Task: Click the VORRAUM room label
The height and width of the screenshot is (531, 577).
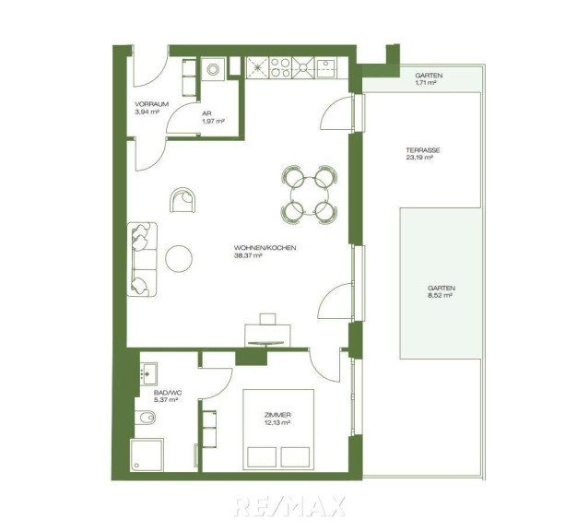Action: pyautogui.click(x=151, y=104)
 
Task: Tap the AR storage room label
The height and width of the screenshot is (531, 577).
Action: pyautogui.click(x=206, y=113)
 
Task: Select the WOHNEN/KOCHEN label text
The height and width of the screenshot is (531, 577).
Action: pyautogui.click(x=265, y=248)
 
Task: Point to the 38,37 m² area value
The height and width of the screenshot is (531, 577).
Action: pyautogui.click(x=248, y=255)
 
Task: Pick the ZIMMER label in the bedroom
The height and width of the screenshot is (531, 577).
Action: pyautogui.click(x=277, y=415)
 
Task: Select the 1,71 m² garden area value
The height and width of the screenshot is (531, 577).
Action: pyautogui.click(x=426, y=83)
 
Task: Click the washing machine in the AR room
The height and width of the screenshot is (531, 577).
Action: pyautogui.click(x=213, y=69)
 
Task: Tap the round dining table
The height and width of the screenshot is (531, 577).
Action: pyautogui.click(x=309, y=195)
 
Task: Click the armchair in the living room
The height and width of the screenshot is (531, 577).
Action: pyautogui.click(x=183, y=200)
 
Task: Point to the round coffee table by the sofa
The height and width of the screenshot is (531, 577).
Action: pyautogui.click(x=179, y=259)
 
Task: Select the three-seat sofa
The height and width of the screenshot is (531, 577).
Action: pyautogui.click(x=142, y=259)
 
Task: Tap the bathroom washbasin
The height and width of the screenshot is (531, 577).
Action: pyautogui.click(x=148, y=374)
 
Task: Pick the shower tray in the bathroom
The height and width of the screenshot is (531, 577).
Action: pyautogui.click(x=147, y=455)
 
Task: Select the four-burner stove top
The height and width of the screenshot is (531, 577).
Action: pyautogui.click(x=280, y=68)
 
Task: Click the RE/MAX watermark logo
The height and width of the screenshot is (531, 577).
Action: pyautogui.click(x=290, y=506)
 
